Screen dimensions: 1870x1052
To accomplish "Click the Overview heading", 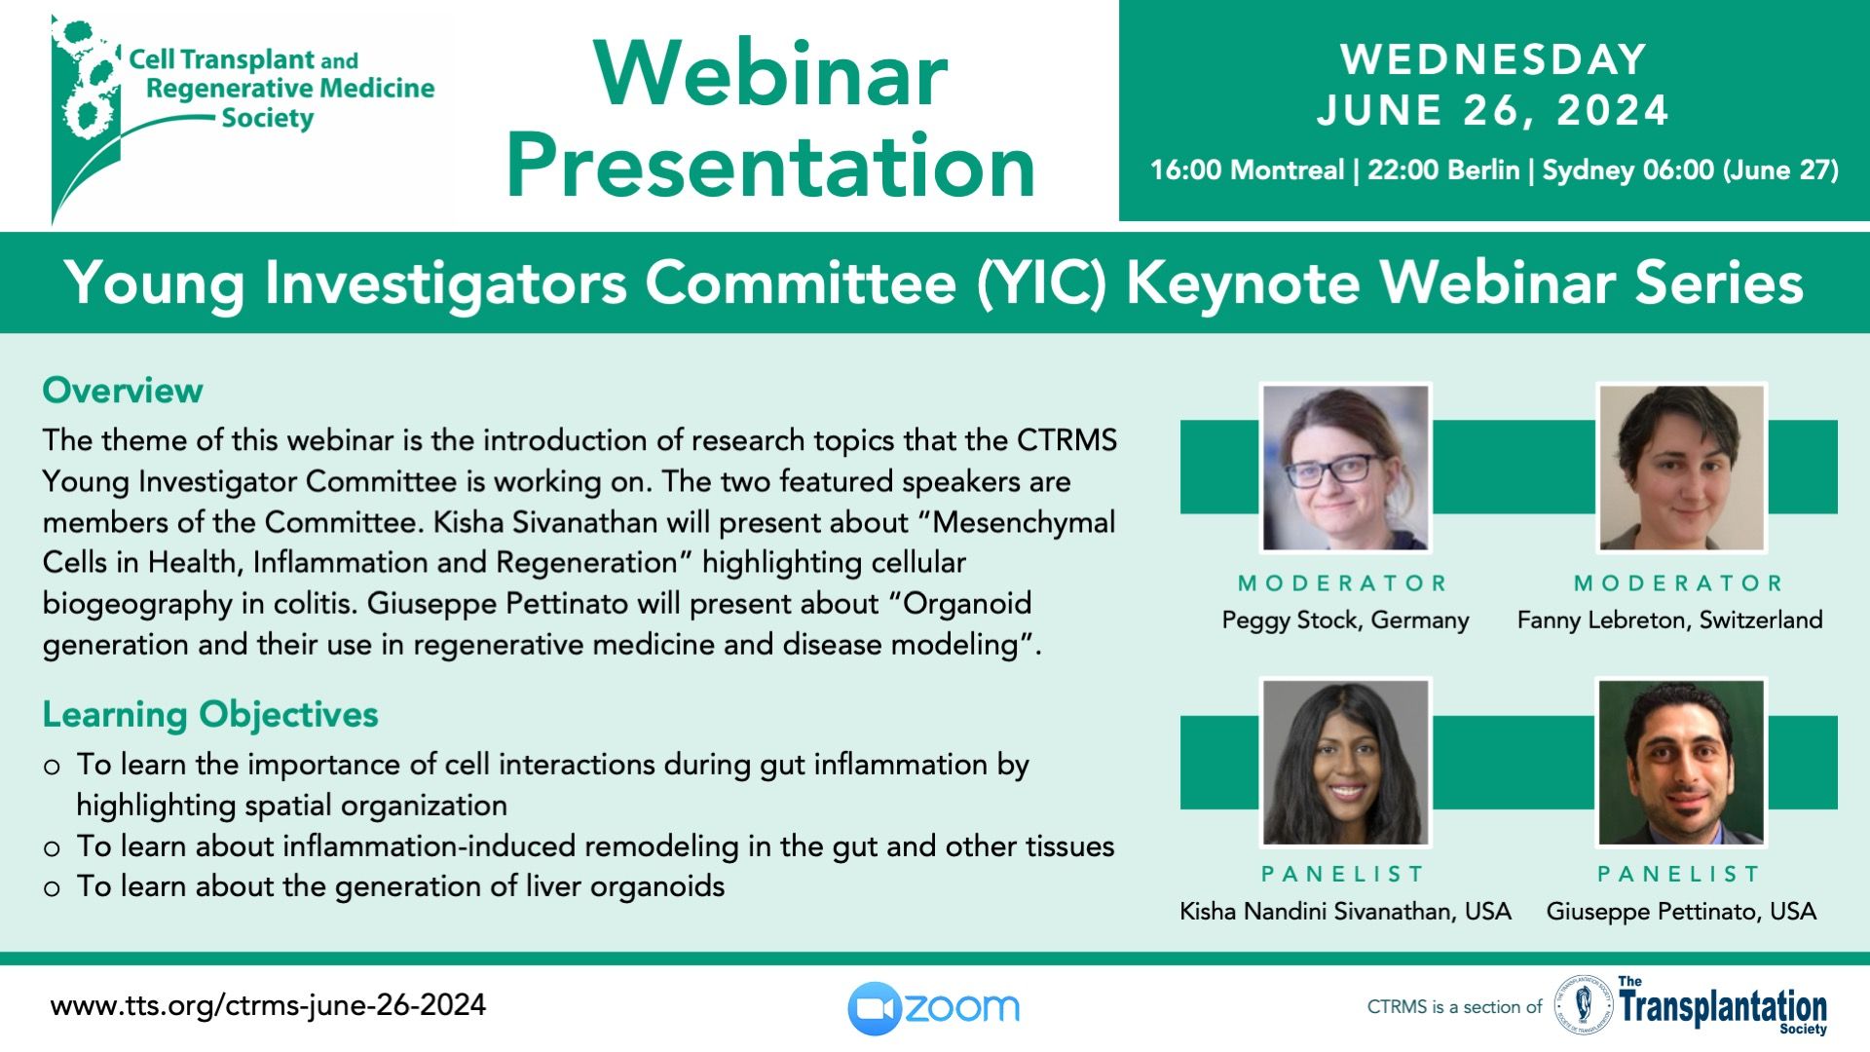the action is coord(123,391).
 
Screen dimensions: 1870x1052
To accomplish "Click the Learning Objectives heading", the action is coord(210,715).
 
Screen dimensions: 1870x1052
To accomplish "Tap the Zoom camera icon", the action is coord(874,1008).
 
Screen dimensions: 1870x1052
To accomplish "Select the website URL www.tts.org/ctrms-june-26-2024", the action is coord(268,1005).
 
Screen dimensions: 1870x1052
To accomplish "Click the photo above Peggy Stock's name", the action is coord(1346,468).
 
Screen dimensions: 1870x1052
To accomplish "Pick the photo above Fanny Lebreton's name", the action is coord(1682,468).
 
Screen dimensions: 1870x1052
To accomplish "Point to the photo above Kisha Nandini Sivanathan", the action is coord(1346,762).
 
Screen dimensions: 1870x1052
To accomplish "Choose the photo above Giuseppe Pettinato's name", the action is coord(1682,762).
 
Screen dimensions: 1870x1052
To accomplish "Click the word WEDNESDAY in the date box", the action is coord(1493,59).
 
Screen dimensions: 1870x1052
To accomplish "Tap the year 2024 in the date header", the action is coord(1613,110).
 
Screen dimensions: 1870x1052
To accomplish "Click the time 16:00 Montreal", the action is coord(1247,170).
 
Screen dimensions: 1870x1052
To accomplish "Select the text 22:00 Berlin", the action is coord(1443,170).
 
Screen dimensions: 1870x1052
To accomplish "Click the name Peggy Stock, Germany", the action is coord(1346,620).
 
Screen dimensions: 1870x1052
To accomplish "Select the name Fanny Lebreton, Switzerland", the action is coord(1670,620).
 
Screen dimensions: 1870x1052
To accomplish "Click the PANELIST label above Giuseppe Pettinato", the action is coord(1678,874).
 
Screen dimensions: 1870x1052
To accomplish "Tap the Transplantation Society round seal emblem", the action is coord(1584,1006).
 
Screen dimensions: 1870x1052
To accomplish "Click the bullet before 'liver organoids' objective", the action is coord(53,888).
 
